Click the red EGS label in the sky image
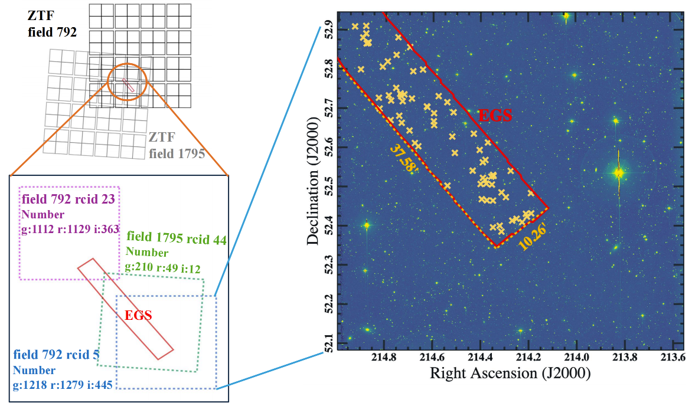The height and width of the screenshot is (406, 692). click(495, 116)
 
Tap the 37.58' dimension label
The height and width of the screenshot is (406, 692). click(404, 158)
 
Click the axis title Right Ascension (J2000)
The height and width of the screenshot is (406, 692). click(510, 374)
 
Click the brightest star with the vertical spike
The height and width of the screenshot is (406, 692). click(618, 173)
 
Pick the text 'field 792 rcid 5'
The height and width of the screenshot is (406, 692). click(56, 355)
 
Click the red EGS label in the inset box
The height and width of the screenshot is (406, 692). click(139, 316)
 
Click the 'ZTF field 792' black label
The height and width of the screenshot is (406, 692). click(52, 25)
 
